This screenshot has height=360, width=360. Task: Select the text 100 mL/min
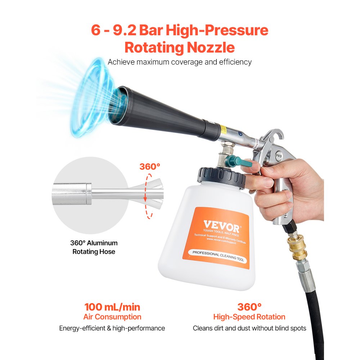pos(112,307)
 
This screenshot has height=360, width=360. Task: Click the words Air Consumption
pos(112,317)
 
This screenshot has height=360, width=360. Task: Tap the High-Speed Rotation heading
pos(249,317)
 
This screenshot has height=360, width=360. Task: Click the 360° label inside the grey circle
pos(150,167)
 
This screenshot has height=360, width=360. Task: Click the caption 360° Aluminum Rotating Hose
pos(94,247)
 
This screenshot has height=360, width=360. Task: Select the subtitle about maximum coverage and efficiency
pos(180,62)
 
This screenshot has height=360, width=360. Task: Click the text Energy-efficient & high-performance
pos(112,328)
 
